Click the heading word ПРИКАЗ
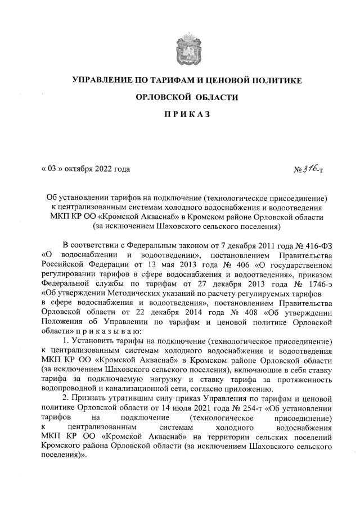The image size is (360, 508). [187, 115]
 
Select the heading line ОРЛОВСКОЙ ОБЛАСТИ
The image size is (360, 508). [187, 97]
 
